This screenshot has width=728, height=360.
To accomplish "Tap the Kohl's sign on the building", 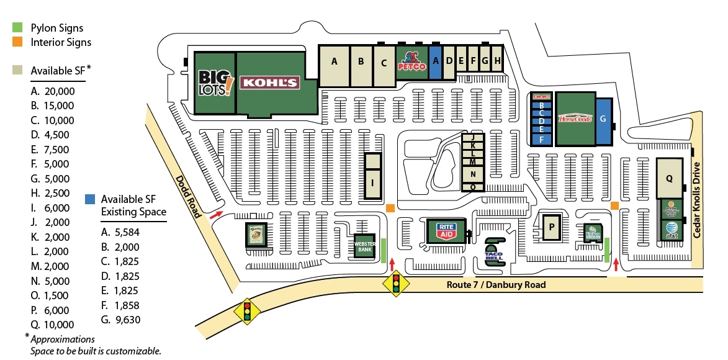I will (270, 83).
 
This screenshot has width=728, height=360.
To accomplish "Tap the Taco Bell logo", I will (493, 254).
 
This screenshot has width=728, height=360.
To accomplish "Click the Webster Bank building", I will (365, 248).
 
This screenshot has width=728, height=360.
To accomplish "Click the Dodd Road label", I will (188, 197).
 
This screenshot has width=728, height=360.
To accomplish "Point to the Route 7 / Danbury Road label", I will (496, 285).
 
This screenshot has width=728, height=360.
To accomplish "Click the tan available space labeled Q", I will (670, 178).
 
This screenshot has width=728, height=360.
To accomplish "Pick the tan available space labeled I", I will (372, 182).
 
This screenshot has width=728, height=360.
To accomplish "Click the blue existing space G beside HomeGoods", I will (602, 119).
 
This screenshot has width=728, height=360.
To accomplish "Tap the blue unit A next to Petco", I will (435, 61).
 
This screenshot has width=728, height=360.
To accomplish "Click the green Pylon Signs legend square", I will (18, 28).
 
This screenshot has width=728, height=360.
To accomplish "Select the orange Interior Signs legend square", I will (18, 42).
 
